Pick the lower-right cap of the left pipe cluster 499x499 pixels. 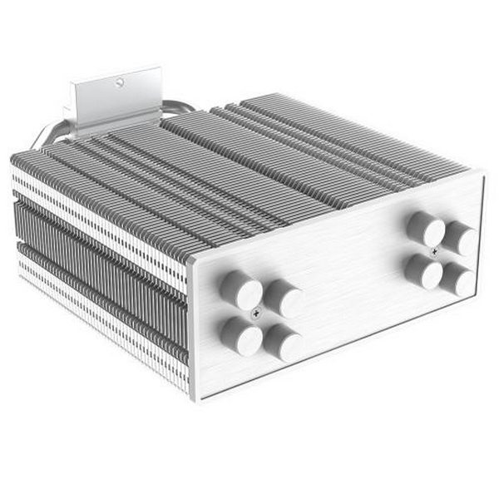coord(284,343)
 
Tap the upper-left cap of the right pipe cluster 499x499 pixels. coord(427,228)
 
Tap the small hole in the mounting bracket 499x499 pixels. coord(120,82)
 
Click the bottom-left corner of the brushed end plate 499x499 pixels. coord(196,398)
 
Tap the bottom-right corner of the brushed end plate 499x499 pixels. coord(481,309)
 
